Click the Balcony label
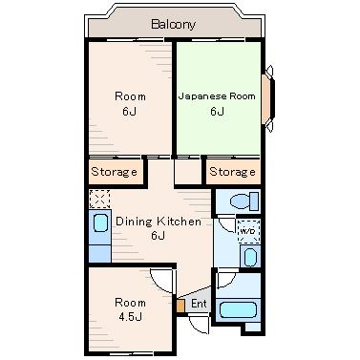(x=173, y=24)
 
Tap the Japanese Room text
(x=217, y=96)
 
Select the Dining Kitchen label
(x=159, y=222)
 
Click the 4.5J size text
(x=130, y=317)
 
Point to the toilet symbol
(x=244, y=201)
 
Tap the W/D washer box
(x=249, y=231)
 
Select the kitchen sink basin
(x=100, y=222)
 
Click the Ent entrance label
(x=199, y=304)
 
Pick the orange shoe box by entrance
(x=180, y=306)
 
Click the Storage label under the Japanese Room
(x=232, y=172)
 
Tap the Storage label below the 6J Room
(x=114, y=172)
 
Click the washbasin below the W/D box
(x=250, y=257)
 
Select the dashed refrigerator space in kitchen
(x=99, y=200)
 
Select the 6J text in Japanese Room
(x=217, y=112)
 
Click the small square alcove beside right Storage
(x=188, y=171)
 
